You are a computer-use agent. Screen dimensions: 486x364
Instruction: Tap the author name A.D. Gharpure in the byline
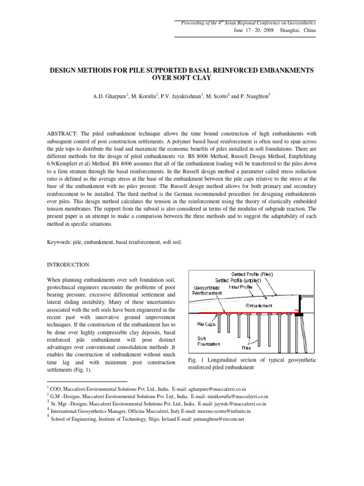coord(112,97)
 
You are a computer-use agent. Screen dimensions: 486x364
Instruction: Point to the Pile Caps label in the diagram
coord(207,324)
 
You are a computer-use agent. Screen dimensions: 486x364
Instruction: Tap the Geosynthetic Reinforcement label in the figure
coord(208,290)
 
